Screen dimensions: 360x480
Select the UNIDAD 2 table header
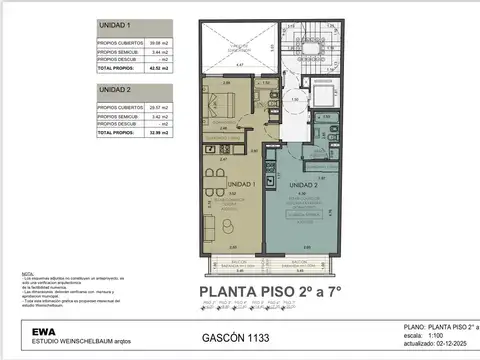[115, 89]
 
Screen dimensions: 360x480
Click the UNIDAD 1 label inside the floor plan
[243, 184]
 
